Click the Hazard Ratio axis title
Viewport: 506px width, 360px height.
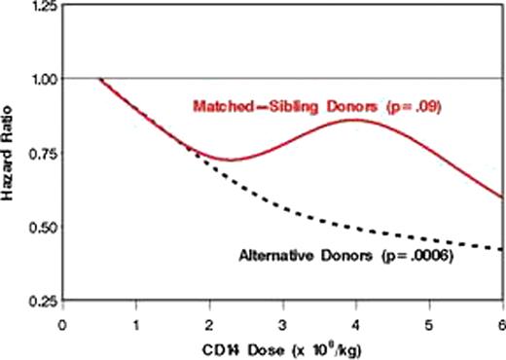(10, 155)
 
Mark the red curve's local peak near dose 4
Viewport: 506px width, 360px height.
(355, 120)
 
